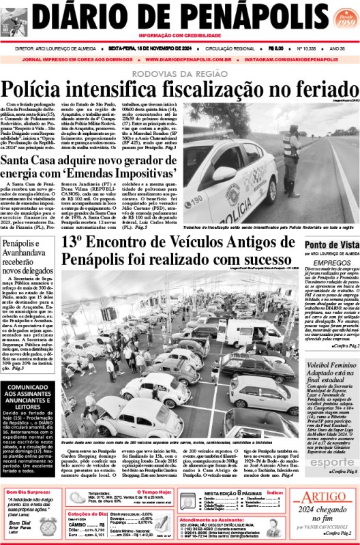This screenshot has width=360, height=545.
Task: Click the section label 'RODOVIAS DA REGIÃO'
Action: [179, 74]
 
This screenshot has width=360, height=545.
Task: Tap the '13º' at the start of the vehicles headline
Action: [73, 241]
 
